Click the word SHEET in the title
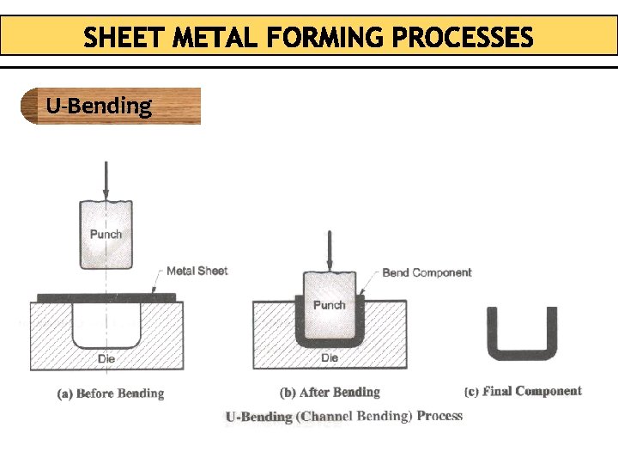click(x=125, y=39)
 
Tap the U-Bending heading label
click(x=99, y=107)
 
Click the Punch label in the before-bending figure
click(x=106, y=234)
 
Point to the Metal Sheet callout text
click(x=197, y=271)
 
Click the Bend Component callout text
click(x=427, y=272)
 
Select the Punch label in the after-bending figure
click(x=329, y=305)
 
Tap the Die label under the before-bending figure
click(x=106, y=358)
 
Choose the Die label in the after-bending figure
click(x=330, y=357)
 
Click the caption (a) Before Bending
click(x=110, y=394)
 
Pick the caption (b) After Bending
click(x=330, y=393)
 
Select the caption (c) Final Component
click(x=523, y=392)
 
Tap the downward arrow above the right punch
click(x=330, y=249)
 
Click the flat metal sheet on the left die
click(x=106, y=298)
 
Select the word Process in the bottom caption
click(x=439, y=416)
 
